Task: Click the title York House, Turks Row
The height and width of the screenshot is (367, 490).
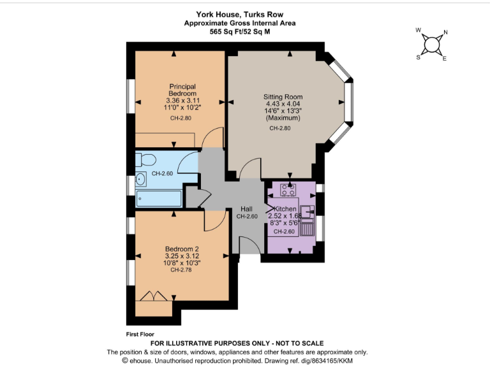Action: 239,13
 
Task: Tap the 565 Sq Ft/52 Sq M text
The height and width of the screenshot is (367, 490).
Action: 239,31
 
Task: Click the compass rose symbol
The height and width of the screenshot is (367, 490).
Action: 432,44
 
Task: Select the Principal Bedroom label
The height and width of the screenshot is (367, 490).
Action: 182,90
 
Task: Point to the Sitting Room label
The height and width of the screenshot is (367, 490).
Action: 283,97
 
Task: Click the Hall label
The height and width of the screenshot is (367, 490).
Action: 246,209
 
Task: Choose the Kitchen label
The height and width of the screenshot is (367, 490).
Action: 285,209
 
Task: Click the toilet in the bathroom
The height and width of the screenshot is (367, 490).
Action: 144,159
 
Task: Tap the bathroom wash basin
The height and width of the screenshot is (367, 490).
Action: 141,180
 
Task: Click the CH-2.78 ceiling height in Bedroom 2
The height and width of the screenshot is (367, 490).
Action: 182,270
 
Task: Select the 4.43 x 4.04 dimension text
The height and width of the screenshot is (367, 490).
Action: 283,104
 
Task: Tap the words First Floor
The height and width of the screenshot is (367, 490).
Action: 140,333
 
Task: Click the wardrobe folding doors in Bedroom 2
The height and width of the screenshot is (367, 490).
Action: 155,296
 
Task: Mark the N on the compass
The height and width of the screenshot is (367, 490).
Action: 445,33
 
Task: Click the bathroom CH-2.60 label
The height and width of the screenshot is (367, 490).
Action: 163,174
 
